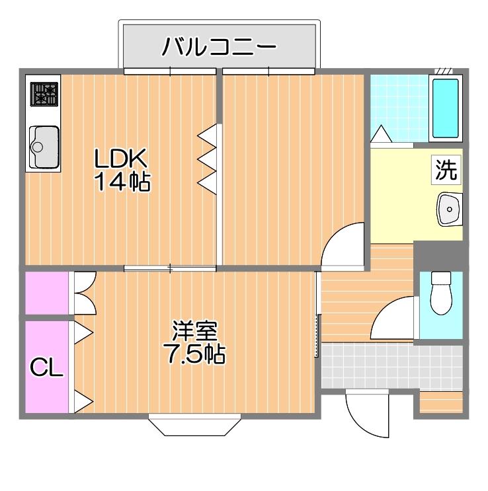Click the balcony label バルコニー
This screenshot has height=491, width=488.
(219, 46)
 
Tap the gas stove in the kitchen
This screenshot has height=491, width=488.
(44, 94)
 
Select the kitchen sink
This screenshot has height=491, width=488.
(44, 147)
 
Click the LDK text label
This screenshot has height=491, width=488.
(120, 158)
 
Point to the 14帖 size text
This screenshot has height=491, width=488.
(122, 181)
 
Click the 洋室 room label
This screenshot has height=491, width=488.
(194, 330)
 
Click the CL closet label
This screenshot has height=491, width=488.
(47, 367)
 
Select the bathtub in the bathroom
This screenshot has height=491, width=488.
(446, 108)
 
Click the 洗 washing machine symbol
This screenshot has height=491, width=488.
(446, 170)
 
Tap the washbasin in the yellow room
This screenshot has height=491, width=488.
(450, 209)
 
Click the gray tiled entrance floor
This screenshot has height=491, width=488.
(391, 366)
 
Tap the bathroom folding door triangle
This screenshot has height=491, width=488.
(381, 134)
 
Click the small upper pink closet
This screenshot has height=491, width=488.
(47, 293)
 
